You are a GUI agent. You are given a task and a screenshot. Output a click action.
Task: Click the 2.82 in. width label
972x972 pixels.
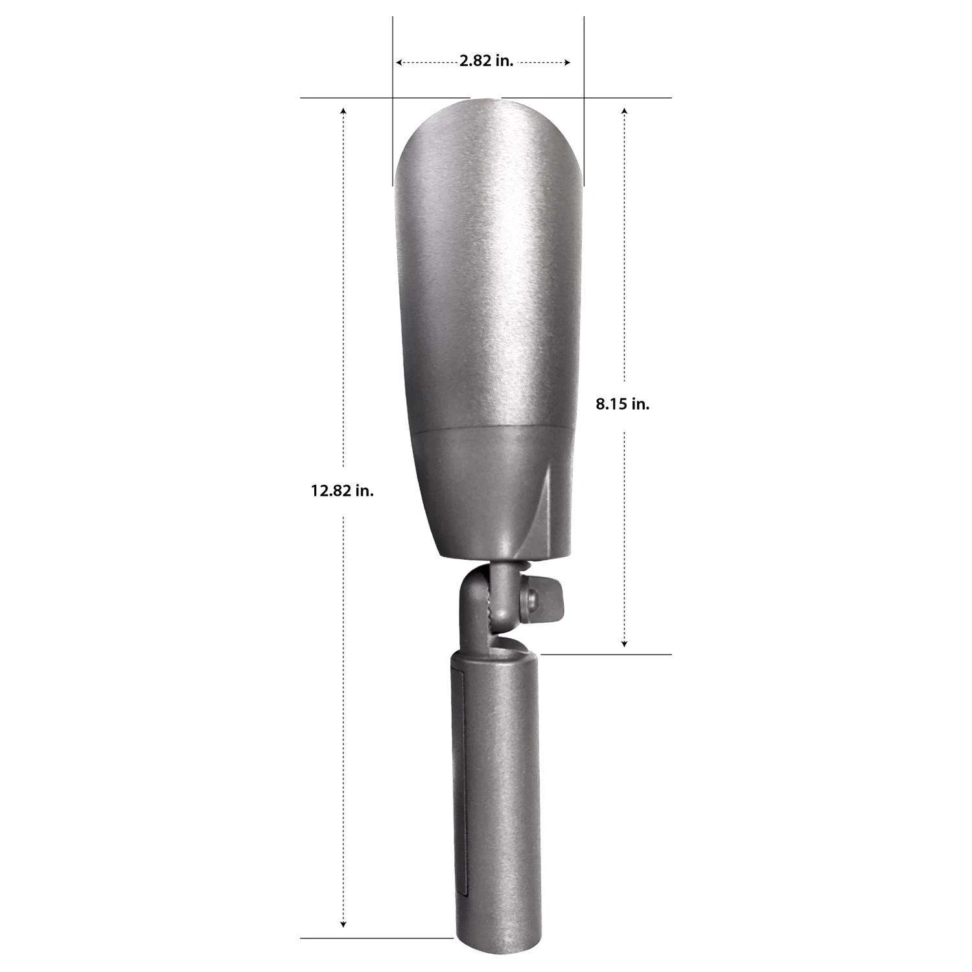coord(486,62)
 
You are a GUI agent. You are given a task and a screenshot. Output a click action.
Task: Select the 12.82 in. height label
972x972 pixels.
coord(342,491)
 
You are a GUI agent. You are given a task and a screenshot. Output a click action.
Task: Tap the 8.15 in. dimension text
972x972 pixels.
coord(622,404)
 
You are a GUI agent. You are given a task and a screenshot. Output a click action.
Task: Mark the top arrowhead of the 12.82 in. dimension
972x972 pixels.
coord(343,111)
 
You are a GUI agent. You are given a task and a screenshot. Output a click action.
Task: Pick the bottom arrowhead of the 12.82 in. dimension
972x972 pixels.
coord(343,923)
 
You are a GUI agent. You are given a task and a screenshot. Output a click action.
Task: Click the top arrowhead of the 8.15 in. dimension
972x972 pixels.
coord(624,111)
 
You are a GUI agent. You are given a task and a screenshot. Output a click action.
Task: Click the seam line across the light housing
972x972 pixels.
coord(492,428)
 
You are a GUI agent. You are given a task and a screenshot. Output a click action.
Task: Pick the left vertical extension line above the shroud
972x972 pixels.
coord(393,97)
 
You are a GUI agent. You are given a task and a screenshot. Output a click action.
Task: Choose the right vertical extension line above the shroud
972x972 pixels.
coord(584,97)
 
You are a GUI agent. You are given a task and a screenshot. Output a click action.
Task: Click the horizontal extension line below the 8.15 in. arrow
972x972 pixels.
coord(606,654)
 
